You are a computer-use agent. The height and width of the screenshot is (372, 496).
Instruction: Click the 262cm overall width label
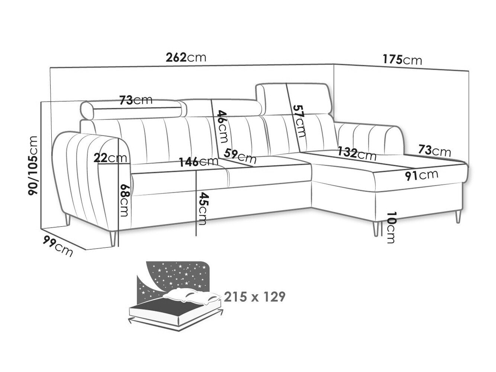click(186, 58)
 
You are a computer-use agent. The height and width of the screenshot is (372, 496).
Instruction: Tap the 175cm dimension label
click(402, 60)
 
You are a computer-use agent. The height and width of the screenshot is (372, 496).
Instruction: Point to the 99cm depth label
click(58, 246)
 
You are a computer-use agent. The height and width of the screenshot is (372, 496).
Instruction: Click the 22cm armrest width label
click(110, 158)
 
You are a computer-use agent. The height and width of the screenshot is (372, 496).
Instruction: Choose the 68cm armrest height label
click(125, 201)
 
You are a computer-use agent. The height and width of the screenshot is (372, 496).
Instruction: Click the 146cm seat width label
click(199, 161)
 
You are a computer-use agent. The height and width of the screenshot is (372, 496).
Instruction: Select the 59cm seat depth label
click(240, 156)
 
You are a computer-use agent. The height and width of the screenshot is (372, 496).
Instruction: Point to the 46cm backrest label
click(222, 126)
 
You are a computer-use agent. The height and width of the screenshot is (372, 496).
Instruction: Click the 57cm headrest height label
click(299, 121)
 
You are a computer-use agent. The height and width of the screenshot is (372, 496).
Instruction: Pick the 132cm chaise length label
click(357, 154)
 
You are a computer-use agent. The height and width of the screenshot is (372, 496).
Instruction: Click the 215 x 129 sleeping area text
click(254, 297)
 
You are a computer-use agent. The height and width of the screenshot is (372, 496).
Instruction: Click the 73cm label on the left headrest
click(136, 100)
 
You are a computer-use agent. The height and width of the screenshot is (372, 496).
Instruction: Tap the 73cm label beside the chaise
click(434, 150)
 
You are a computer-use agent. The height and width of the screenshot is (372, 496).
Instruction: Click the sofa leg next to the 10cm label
click(376, 229)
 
